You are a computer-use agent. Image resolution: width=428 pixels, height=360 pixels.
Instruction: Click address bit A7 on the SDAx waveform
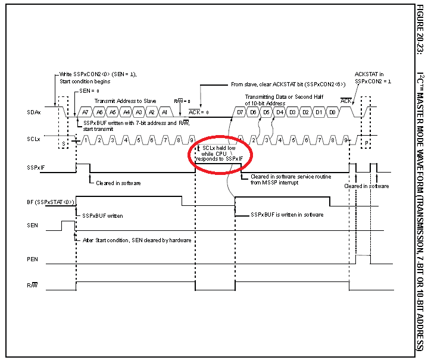point(86,112)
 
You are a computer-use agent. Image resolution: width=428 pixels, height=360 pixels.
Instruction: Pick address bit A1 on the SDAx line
point(165,112)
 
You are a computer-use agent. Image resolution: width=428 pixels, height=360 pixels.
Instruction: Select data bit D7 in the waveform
point(240,112)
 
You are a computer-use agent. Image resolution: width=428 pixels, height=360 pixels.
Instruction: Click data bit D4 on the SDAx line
point(280,112)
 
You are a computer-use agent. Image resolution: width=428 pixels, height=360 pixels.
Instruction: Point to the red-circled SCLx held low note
point(220,154)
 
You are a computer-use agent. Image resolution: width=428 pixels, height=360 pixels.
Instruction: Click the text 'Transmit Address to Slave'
point(127,101)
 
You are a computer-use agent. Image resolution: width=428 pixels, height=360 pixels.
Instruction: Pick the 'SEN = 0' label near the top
point(89,90)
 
